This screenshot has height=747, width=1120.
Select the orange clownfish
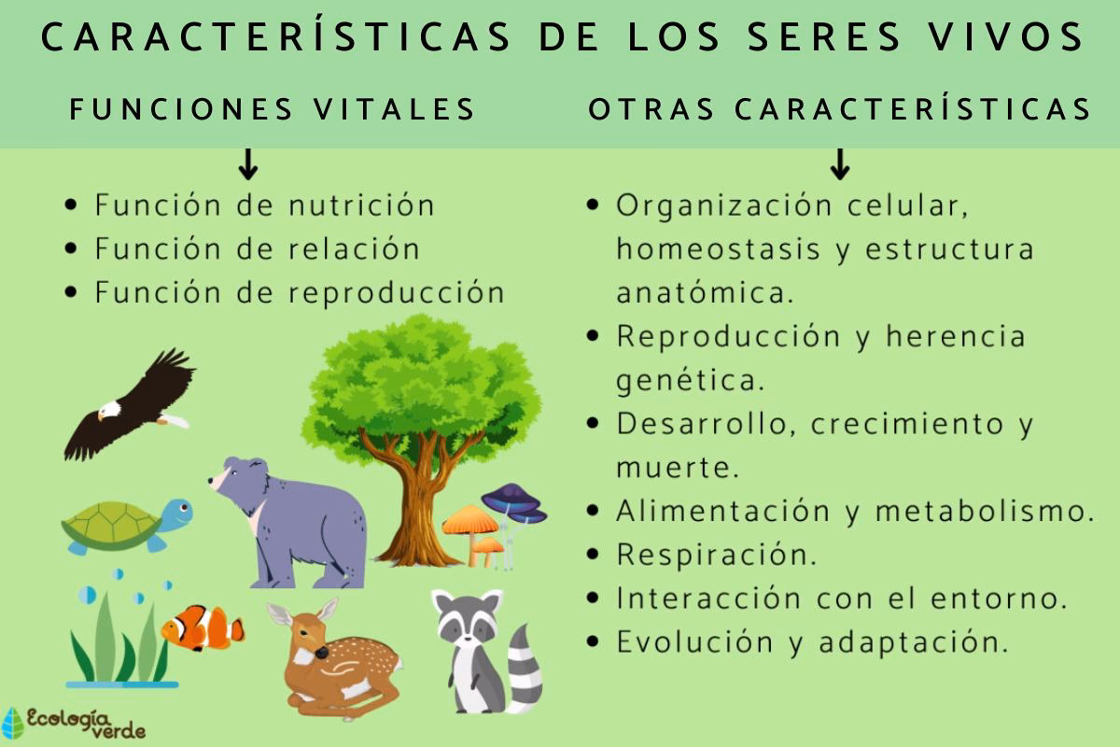pyautogui.click(x=202, y=627)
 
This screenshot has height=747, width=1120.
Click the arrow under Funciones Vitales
pyautogui.click(x=247, y=164)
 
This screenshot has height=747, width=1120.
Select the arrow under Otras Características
pyautogui.click(x=839, y=164)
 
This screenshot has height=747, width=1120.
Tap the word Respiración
pyautogui.click(x=716, y=555)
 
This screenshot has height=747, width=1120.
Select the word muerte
pyautogui.click(x=678, y=467)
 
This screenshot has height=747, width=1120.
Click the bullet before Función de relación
pyautogui.click(x=72, y=250)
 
